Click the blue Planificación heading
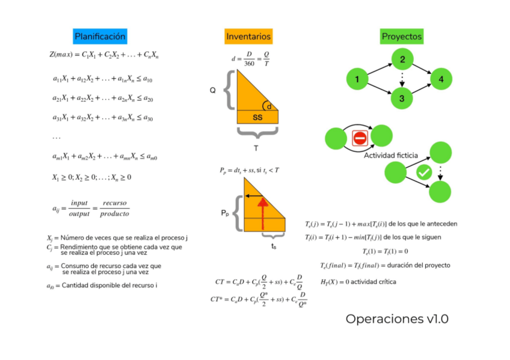click(100, 37)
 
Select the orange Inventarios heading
click(248, 37)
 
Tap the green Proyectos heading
click(402, 37)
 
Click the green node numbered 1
click(357, 79)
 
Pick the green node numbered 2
click(402, 59)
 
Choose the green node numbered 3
click(402, 98)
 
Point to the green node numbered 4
click(441, 79)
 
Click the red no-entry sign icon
click(360, 139)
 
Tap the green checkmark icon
click(424, 172)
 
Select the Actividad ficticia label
click(390, 155)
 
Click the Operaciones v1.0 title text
click(397, 319)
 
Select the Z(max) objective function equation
click(103, 55)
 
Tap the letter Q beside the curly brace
click(212, 90)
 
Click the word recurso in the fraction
click(114, 203)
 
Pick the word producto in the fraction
click(114, 214)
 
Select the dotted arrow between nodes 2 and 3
click(402, 78)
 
